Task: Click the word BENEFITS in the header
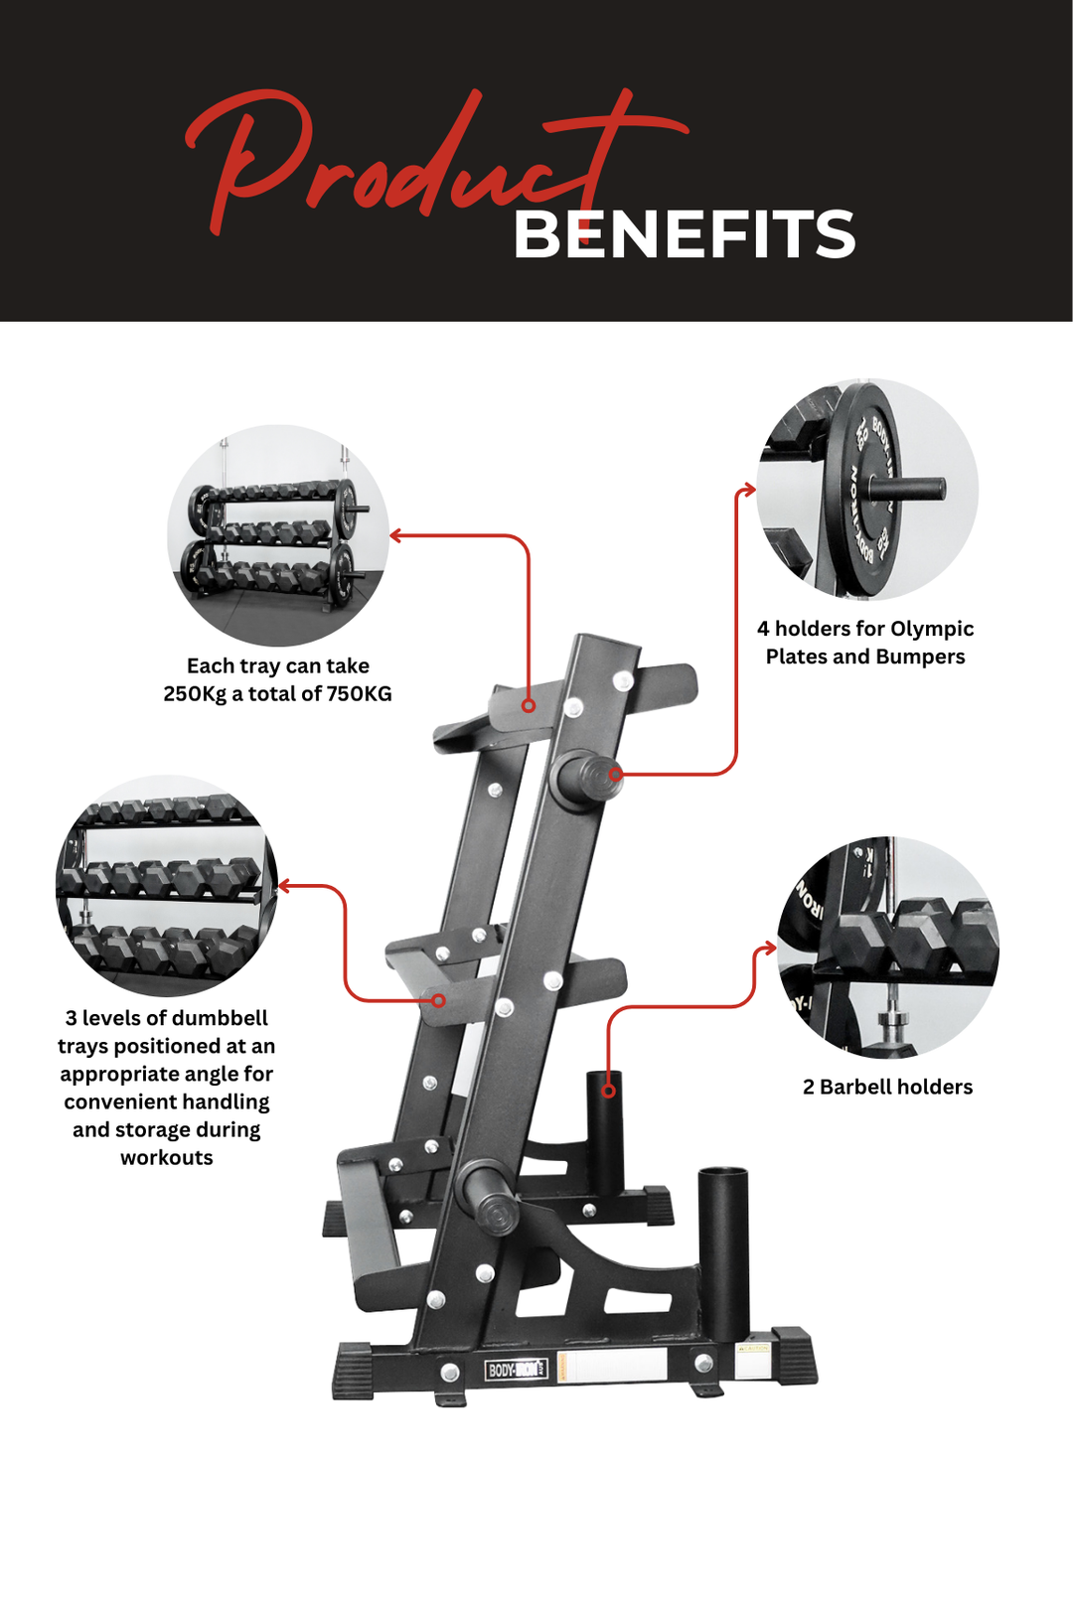(684, 235)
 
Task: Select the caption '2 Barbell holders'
(887, 1088)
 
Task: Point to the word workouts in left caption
(166, 1158)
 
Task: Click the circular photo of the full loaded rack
(277, 536)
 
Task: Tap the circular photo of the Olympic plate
(866, 489)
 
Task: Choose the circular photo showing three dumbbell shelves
(166, 886)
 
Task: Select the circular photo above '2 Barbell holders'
(887, 947)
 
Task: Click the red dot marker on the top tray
(529, 706)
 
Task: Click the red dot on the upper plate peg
(616, 773)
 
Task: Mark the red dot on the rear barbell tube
(609, 1091)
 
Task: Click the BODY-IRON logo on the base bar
(515, 1370)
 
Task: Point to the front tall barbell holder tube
(722, 1251)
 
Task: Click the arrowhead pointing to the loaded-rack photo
(394, 536)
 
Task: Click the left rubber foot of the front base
(352, 1371)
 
